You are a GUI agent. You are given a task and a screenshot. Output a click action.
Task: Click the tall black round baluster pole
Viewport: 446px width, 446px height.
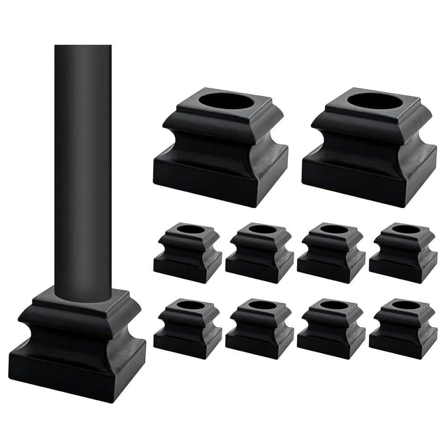(83, 169)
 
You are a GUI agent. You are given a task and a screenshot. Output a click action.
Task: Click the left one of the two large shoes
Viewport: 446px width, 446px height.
(220, 147)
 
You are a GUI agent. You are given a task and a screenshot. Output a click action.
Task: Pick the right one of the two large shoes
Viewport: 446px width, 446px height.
(369, 147)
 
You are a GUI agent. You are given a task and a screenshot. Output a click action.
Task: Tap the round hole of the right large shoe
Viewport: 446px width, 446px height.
(374, 100)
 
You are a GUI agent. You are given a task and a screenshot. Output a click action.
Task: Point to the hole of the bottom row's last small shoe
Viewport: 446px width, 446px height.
(406, 306)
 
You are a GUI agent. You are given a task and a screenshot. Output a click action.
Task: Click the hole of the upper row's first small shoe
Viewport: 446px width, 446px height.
(190, 230)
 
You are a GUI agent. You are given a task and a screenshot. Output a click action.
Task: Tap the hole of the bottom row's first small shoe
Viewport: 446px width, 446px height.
(190, 306)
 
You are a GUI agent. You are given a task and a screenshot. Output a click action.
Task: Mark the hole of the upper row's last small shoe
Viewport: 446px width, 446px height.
(406, 230)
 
